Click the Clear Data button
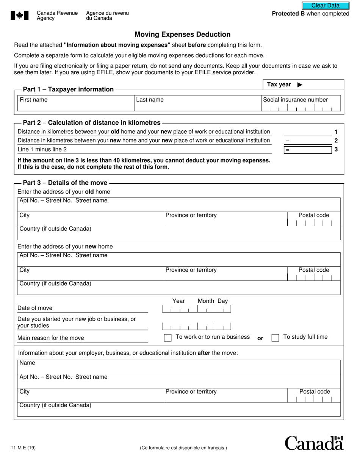tap(326, 5)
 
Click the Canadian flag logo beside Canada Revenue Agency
tap(20, 16)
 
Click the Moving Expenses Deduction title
tap(182, 34)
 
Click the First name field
tap(76, 103)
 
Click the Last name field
tap(197, 103)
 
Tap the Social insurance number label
tap(295, 100)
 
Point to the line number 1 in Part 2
tap(336, 132)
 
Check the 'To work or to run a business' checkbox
tap(167, 338)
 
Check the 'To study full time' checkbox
tap(275, 338)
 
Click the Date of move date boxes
tap(196, 309)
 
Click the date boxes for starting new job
tap(196, 326)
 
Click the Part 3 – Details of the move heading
tap(65, 183)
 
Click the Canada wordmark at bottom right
tap(314, 443)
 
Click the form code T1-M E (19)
tap(23, 448)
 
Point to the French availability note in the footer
tap(183, 448)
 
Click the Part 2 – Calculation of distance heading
tap(92, 122)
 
